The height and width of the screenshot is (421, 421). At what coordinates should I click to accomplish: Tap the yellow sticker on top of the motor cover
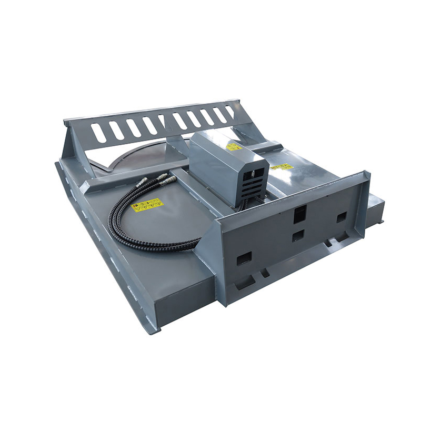click(x=234, y=146)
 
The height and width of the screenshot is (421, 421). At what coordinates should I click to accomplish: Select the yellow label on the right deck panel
click(x=282, y=167)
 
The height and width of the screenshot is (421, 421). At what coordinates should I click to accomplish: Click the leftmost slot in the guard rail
click(x=98, y=132)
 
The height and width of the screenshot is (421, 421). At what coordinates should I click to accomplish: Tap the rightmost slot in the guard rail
click(x=230, y=112)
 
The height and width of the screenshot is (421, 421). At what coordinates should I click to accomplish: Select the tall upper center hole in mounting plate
click(x=299, y=213)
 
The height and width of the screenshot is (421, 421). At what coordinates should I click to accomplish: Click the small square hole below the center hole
click(x=298, y=235)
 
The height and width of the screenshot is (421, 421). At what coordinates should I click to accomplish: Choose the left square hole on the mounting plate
click(x=244, y=258)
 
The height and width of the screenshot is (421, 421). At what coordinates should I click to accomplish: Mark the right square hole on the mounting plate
click(x=342, y=217)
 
